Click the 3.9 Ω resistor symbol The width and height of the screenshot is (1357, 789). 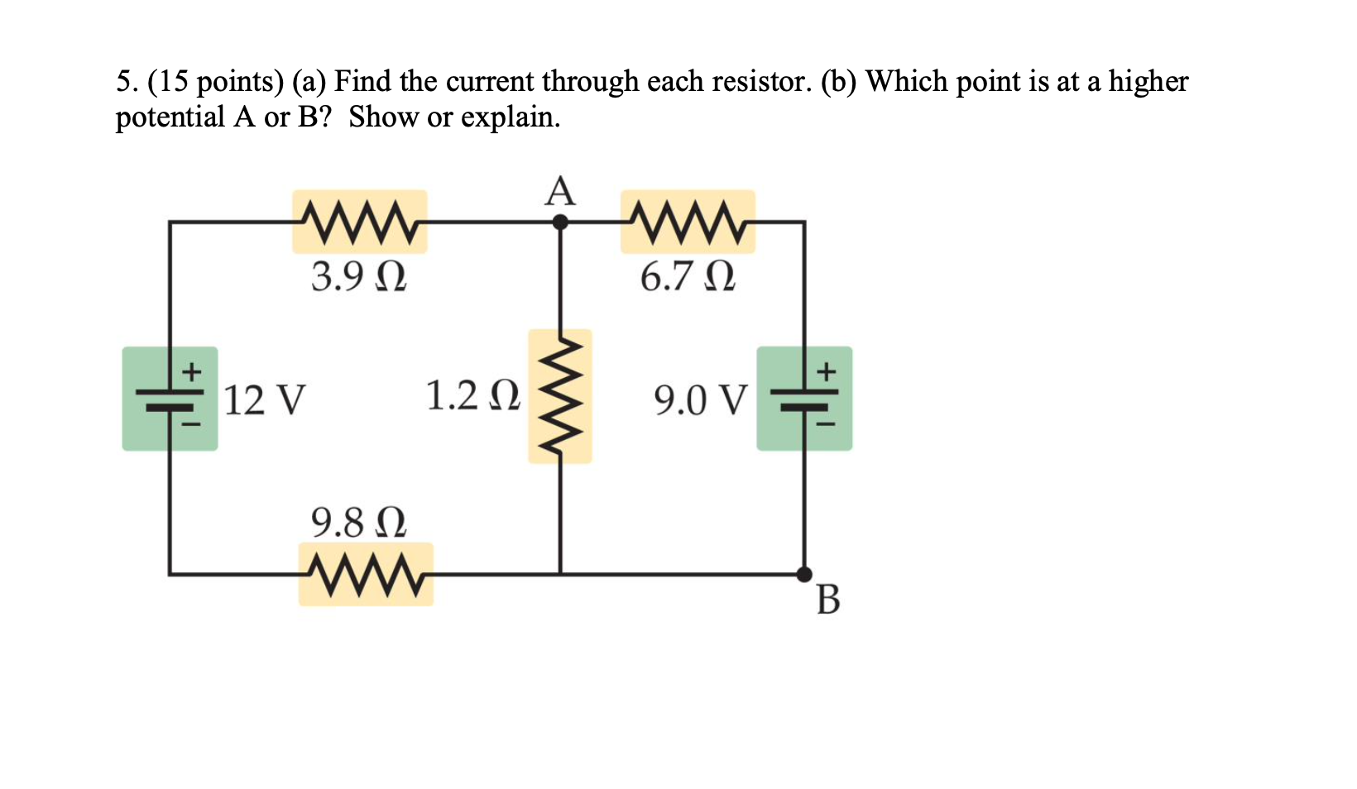[359, 221]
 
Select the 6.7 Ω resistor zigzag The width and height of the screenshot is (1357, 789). [688, 221]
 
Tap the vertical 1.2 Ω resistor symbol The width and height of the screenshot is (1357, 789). [560, 395]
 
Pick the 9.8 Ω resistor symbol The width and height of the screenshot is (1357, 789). [366, 573]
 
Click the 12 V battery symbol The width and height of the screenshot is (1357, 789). [170, 399]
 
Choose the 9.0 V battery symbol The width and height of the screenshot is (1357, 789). [804, 399]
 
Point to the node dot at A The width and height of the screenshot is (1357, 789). [560, 222]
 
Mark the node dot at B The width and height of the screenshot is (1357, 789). [804, 573]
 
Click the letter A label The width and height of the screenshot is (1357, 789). [560, 191]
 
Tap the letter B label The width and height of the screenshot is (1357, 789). [827, 600]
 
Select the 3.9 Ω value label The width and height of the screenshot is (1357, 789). [358, 276]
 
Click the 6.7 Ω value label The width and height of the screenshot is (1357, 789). [687, 276]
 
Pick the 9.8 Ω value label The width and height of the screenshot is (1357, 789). [358, 523]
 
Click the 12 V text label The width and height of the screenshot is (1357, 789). [265, 400]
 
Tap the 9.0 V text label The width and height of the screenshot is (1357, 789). [700, 400]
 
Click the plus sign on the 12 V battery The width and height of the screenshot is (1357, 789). [192, 370]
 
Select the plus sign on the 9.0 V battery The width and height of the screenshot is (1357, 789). [826, 370]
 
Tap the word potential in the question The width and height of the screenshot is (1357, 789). [170, 117]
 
